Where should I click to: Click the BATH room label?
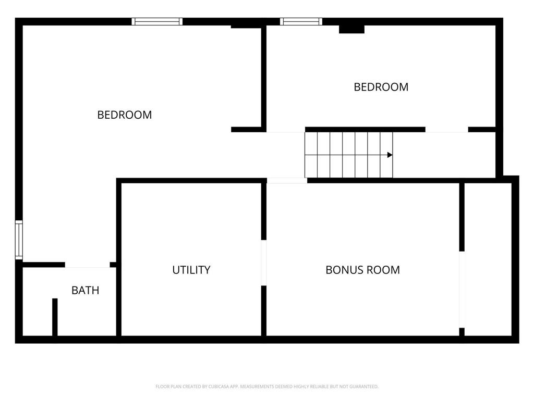(x=85, y=291)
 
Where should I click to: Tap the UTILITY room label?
(x=191, y=270)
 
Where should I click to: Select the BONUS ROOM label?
(x=362, y=270)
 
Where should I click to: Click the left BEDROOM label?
(x=125, y=115)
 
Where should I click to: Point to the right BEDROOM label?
(x=381, y=87)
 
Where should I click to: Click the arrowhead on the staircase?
(x=390, y=155)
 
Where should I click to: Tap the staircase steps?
(x=348, y=155)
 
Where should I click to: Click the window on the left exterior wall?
(x=19, y=240)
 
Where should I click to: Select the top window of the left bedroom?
(x=157, y=21)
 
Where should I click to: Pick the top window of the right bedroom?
(x=301, y=21)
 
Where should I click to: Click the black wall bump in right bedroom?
(x=351, y=29)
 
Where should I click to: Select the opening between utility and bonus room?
(x=264, y=262)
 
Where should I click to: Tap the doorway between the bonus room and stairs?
(x=287, y=181)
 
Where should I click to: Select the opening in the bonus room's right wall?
(x=462, y=289)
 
